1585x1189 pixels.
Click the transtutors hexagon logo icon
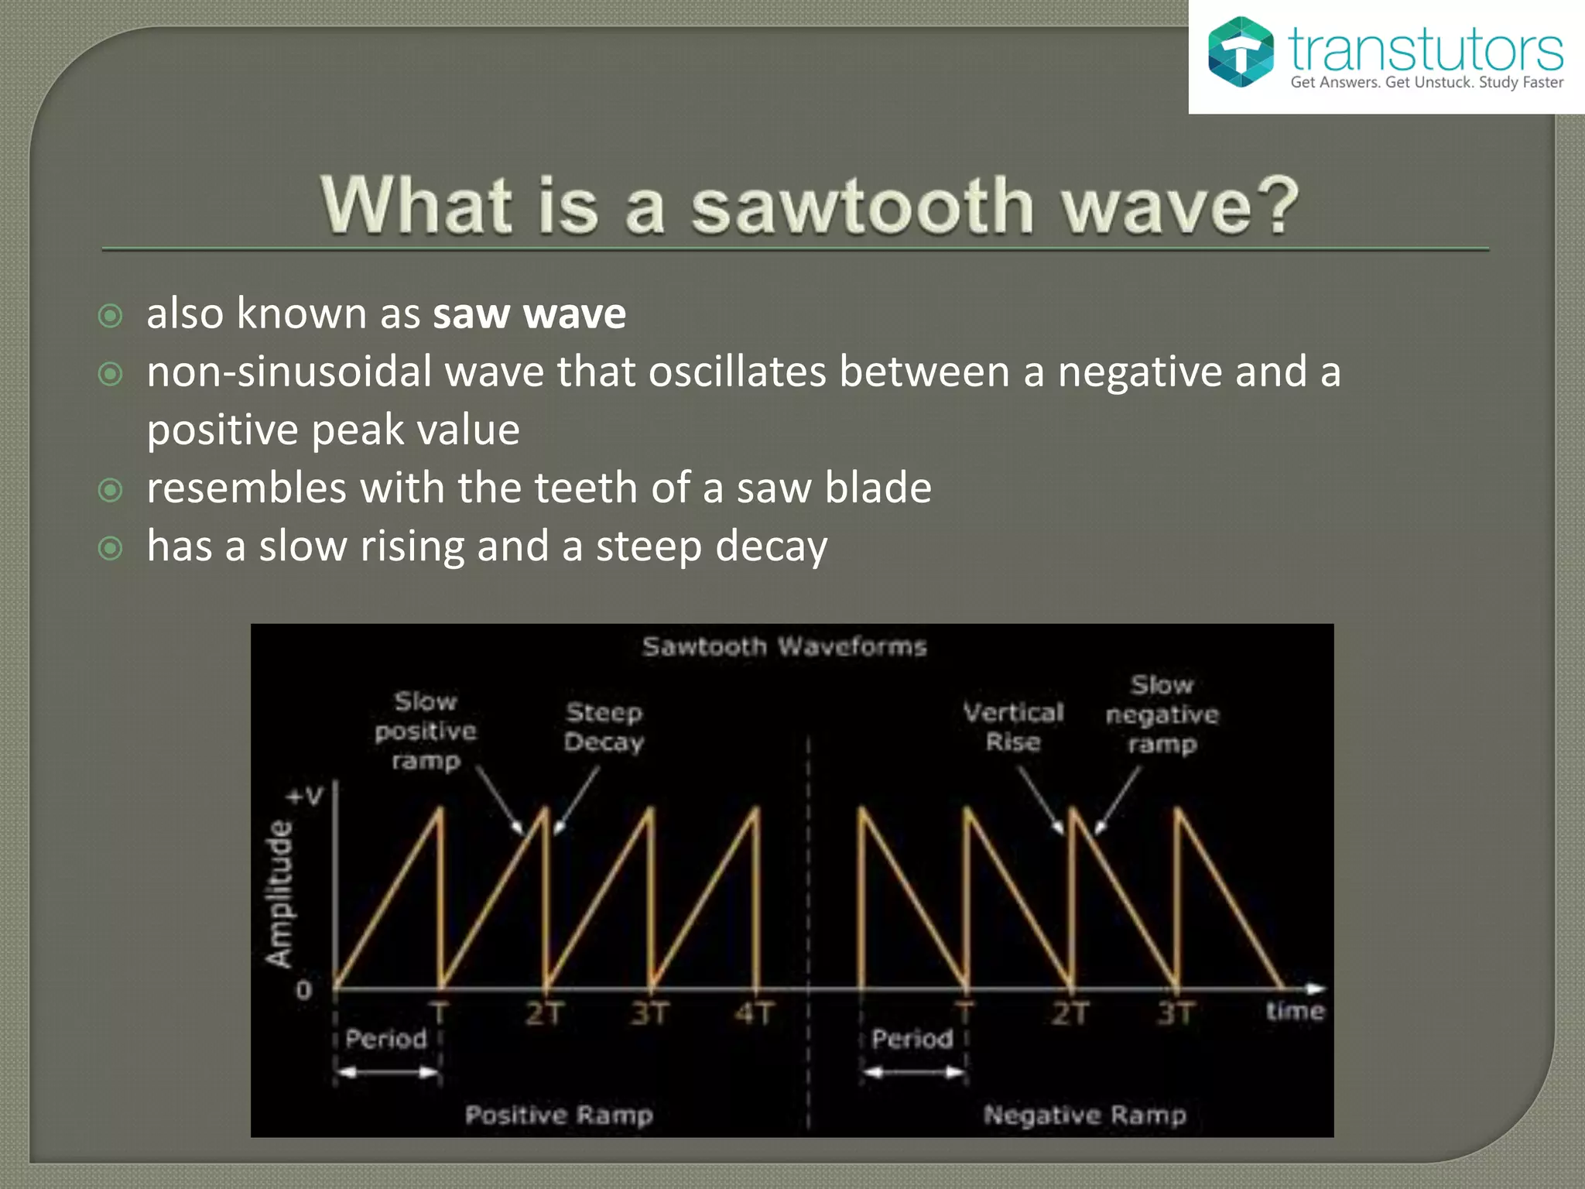pos(1240,52)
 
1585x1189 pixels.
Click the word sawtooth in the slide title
pos(862,205)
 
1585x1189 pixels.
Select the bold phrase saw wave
pos(529,314)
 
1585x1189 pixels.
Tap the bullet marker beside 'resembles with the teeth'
pos(111,490)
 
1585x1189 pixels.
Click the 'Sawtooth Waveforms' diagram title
pos(784,646)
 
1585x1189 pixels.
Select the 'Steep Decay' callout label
pos(604,727)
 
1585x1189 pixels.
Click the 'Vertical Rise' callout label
pos(1013,727)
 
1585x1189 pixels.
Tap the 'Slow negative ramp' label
pos(1162,714)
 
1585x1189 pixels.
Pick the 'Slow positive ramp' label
pos(426,731)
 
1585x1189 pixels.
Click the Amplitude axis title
pos(279,894)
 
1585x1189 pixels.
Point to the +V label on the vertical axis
pos(305,796)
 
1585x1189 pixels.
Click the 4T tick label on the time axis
pos(755,1013)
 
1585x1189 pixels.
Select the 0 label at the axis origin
pos(304,990)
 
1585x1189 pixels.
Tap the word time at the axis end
pos(1295,1011)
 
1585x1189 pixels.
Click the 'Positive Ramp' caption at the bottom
pos(559,1115)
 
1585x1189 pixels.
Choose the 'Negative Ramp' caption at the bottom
pos(1084,1115)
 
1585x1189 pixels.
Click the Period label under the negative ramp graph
pos(912,1039)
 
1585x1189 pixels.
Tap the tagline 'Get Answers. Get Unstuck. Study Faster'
pos(1426,83)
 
